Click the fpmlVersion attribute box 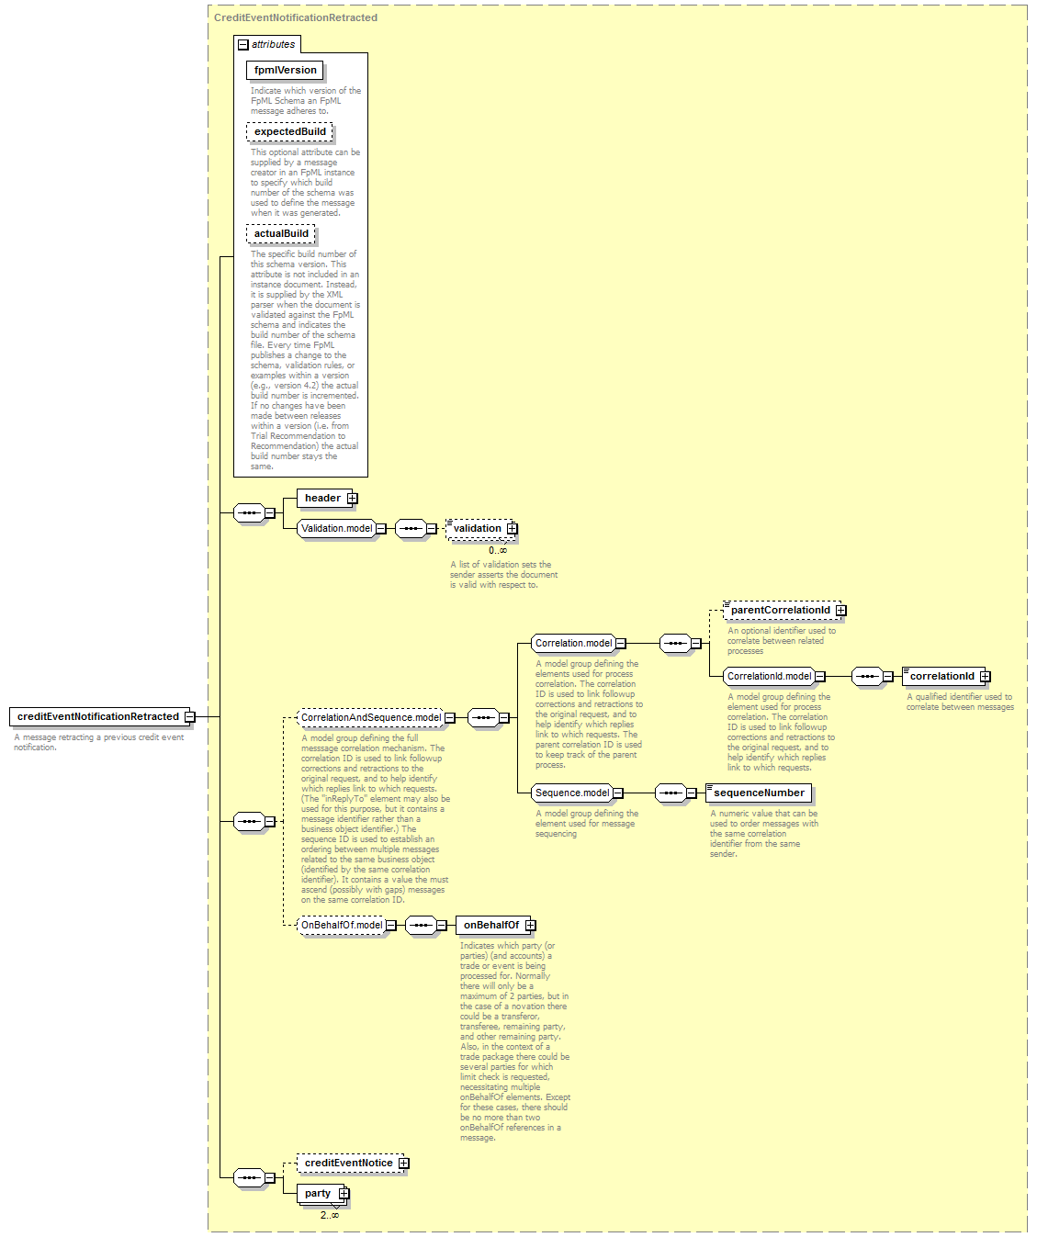tap(285, 70)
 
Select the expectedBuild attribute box tap(289, 131)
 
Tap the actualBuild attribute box tap(280, 233)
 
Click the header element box tap(327, 499)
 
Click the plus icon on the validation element tap(512, 528)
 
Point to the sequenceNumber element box tap(759, 793)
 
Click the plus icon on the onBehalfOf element tap(530, 926)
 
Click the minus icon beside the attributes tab tap(243, 44)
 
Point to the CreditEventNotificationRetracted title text tap(296, 17)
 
